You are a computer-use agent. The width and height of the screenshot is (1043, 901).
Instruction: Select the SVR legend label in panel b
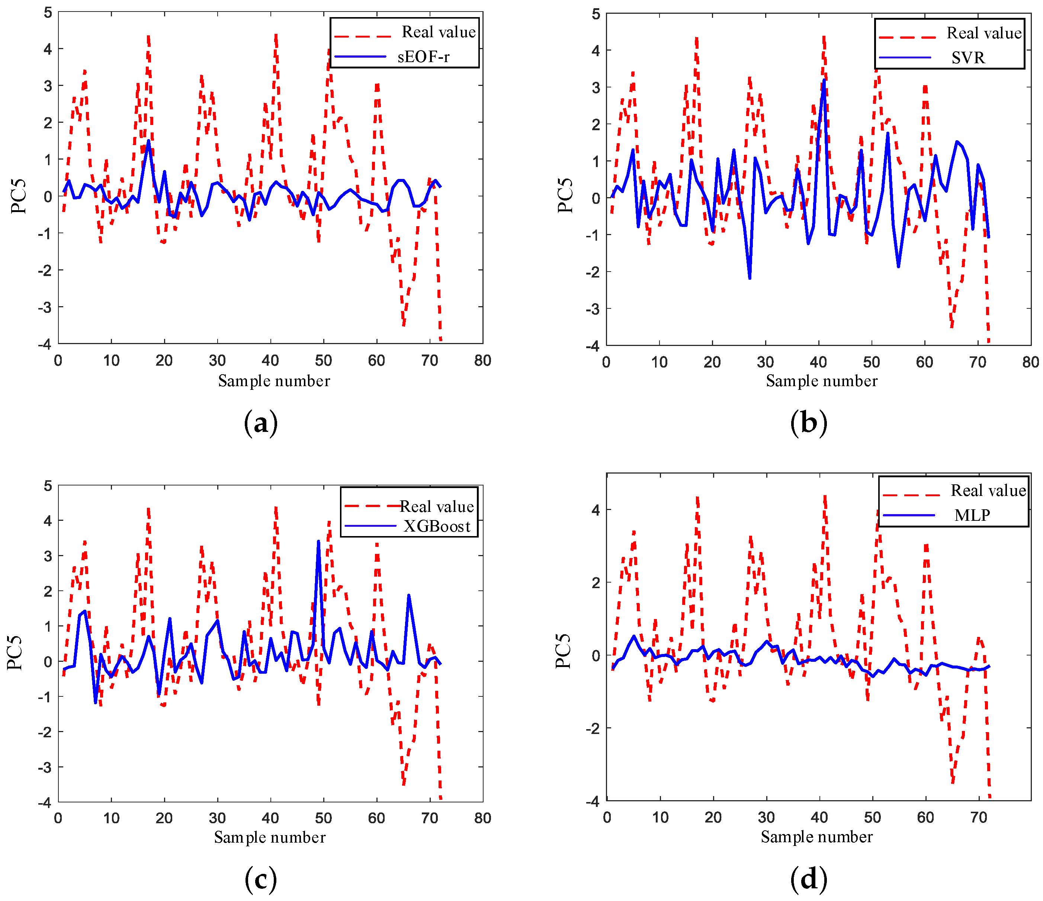coord(967,58)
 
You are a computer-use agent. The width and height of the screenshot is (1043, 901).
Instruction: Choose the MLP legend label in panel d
coord(972,516)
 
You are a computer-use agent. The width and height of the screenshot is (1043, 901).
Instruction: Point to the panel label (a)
coord(260,423)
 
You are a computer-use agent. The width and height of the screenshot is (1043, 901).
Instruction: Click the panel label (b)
coord(808,423)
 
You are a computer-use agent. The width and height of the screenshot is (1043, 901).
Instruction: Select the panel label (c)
coord(260,880)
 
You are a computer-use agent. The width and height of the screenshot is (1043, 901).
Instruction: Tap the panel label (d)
coord(808,880)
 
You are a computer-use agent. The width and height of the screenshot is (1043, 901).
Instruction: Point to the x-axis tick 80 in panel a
coord(482,360)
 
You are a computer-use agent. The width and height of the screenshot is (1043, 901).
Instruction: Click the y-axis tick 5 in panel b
coord(596,14)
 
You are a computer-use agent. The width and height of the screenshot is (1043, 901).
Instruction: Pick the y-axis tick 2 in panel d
coord(596,583)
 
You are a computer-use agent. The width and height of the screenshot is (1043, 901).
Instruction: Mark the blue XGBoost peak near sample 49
coord(318,542)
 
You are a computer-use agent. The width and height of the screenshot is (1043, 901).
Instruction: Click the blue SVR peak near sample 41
coord(824,80)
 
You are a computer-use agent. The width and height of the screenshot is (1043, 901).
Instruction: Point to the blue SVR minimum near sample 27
coord(750,278)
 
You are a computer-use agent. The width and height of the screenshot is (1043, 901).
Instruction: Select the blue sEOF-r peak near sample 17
coord(148,141)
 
